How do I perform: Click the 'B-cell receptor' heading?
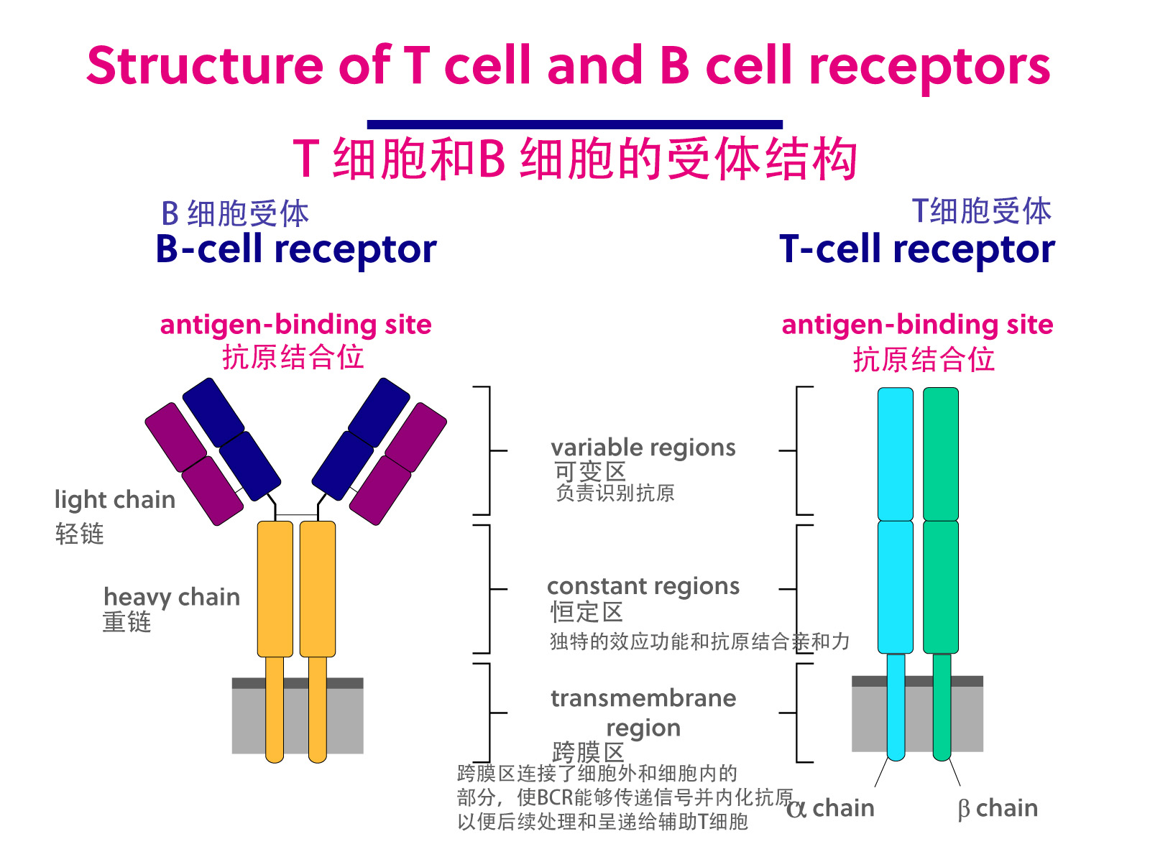(x=295, y=250)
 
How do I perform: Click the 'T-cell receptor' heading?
(x=916, y=250)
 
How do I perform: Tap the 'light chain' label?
(x=115, y=499)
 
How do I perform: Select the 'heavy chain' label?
(x=172, y=597)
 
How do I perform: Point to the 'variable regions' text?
(x=643, y=448)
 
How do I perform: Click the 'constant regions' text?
(x=643, y=586)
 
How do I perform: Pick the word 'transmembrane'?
(x=643, y=698)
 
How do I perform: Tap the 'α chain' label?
(x=831, y=808)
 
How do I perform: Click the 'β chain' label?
(x=998, y=808)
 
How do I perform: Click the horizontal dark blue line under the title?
(x=574, y=124)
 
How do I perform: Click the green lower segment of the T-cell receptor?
(x=941, y=586)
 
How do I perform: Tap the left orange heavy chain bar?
(x=275, y=589)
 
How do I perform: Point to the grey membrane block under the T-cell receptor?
(x=916, y=718)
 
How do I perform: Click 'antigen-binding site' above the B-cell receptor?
(x=295, y=325)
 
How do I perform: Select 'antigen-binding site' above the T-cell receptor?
(x=917, y=325)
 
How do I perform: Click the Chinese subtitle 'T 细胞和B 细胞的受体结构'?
(x=574, y=159)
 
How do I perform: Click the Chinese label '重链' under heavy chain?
(x=126, y=622)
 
